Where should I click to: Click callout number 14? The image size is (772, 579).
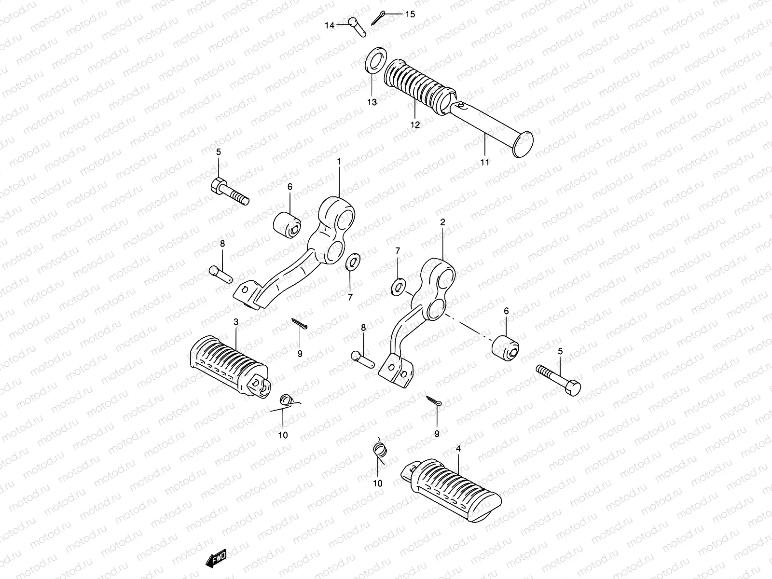click(330, 25)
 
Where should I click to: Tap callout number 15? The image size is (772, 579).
click(409, 14)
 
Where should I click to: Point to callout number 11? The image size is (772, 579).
click(484, 163)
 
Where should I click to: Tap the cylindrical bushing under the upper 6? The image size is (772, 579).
click(288, 225)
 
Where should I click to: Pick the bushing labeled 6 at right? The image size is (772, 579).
click(505, 348)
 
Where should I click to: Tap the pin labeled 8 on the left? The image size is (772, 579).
click(221, 274)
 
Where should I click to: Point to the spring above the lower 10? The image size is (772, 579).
click(381, 450)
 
